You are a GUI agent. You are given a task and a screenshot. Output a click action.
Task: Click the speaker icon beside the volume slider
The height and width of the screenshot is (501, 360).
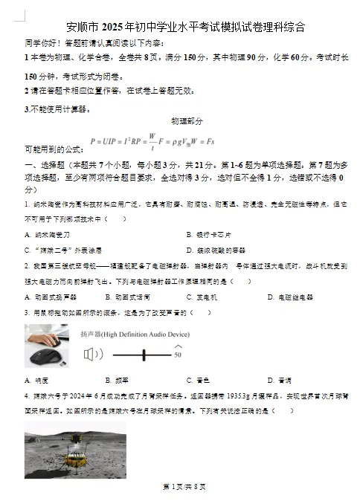click(89, 354)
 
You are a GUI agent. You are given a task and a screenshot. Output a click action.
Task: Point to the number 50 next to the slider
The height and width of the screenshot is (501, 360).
click(177, 355)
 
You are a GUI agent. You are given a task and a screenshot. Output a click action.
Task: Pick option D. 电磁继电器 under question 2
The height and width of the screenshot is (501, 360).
click(289, 297)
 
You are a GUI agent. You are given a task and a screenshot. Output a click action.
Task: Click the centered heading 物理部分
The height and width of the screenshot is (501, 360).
click(186, 121)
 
